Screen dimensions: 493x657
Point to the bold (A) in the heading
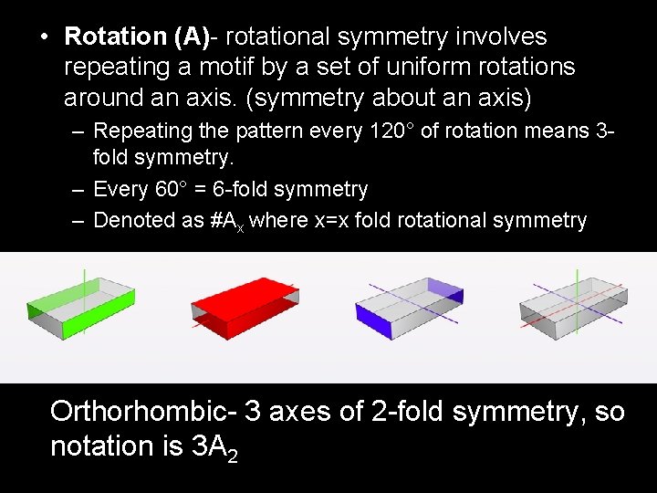pyautogui.click(x=192, y=37)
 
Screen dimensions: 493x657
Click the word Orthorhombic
pyautogui.click(x=143, y=412)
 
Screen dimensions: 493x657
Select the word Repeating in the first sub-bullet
pyautogui.click(x=140, y=131)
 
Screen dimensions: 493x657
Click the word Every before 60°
pyautogui.click(x=120, y=190)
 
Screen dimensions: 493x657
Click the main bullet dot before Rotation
pyautogui.click(x=43, y=37)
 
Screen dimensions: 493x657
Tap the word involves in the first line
pyautogui.click(x=503, y=37)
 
